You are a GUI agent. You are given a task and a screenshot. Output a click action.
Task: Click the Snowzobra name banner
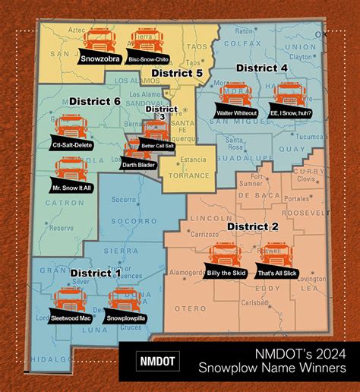pyautogui.click(x=103, y=55)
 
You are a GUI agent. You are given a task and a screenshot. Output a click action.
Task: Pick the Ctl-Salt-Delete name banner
pyautogui.click(x=70, y=145)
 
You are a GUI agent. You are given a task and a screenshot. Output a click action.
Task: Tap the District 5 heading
pyautogui.click(x=176, y=73)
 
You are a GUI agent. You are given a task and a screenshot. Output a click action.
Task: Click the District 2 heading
pyautogui.click(x=253, y=227)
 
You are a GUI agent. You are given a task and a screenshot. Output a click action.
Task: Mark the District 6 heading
pyautogui.click(x=95, y=100)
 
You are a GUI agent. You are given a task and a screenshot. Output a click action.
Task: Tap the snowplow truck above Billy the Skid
pyautogui.click(x=223, y=254)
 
